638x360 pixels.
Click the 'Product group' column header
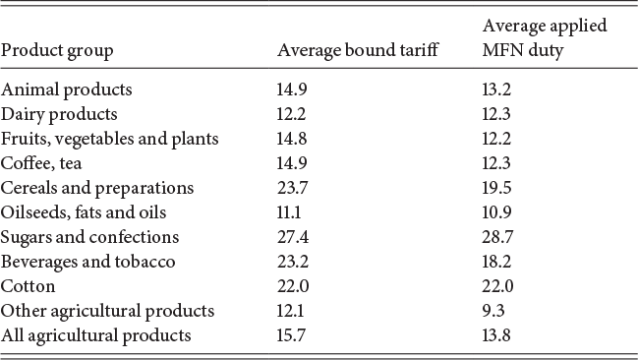coord(57,50)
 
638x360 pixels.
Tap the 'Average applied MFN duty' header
coord(544,37)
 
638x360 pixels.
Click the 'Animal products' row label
coord(67,90)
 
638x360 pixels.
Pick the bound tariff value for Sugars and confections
coord(291,237)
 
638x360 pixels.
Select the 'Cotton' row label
coord(28,286)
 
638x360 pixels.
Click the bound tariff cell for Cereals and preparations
coord(291,188)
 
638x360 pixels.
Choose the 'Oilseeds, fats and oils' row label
coord(84,212)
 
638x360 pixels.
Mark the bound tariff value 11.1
coord(290,212)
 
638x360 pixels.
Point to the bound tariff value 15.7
coord(291,335)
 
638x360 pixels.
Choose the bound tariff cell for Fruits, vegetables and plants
coord(291,139)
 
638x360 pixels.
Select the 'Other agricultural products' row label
coord(107,311)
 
